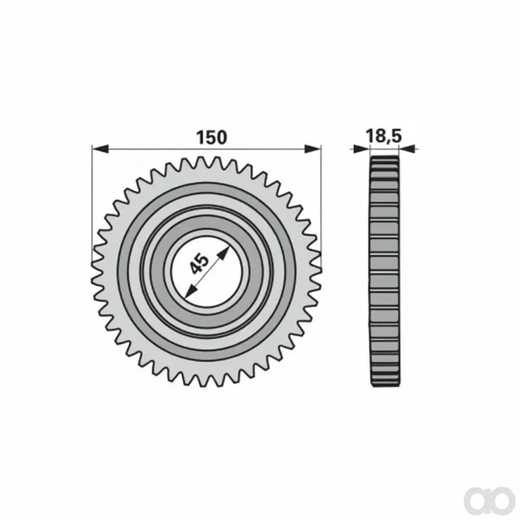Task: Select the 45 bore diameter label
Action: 200,264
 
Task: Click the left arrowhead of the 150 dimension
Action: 100,149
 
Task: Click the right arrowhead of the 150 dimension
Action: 313,149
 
